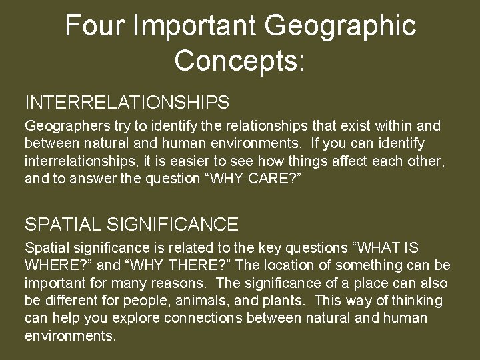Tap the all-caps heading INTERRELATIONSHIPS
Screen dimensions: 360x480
coord(127,103)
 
